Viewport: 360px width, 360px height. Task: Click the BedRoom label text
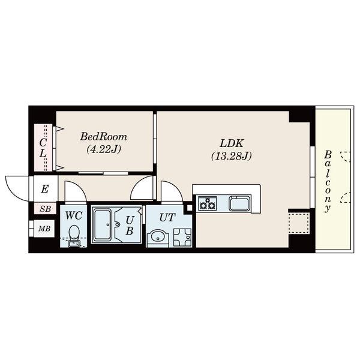click(x=104, y=137)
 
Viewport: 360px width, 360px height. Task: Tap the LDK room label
click(x=231, y=143)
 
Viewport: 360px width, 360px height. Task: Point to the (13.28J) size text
click(x=231, y=156)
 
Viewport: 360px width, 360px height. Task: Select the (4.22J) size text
click(x=104, y=149)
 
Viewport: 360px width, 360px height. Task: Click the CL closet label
click(x=43, y=148)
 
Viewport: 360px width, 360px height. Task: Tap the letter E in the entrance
click(x=45, y=189)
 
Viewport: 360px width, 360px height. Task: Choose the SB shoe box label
click(x=45, y=209)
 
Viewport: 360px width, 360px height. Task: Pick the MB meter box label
click(x=44, y=229)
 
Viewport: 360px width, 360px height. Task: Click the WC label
click(x=74, y=215)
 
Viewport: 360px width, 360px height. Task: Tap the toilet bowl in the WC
click(x=74, y=232)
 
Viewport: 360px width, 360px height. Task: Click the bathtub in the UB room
click(x=103, y=225)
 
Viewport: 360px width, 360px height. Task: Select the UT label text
click(x=167, y=217)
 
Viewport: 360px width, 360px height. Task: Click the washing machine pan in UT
click(x=182, y=238)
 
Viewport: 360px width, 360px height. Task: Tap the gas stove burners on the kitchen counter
click(x=208, y=203)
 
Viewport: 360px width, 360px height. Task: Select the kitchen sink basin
click(x=239, y=203)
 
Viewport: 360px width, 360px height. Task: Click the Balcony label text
click(x=328, y=181)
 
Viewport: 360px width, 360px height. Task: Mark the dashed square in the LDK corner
click(x=299, y=223)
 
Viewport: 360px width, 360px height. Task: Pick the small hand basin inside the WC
click(x=74, y=244)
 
